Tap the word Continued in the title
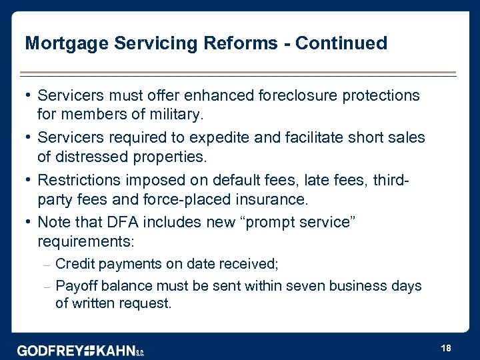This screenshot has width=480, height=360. pyautogui.click(x=341, y=43)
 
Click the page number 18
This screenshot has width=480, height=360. pyautogui.click(x=446, y=349)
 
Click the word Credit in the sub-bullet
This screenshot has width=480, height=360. pyautogui.click(x=75, y=263)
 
